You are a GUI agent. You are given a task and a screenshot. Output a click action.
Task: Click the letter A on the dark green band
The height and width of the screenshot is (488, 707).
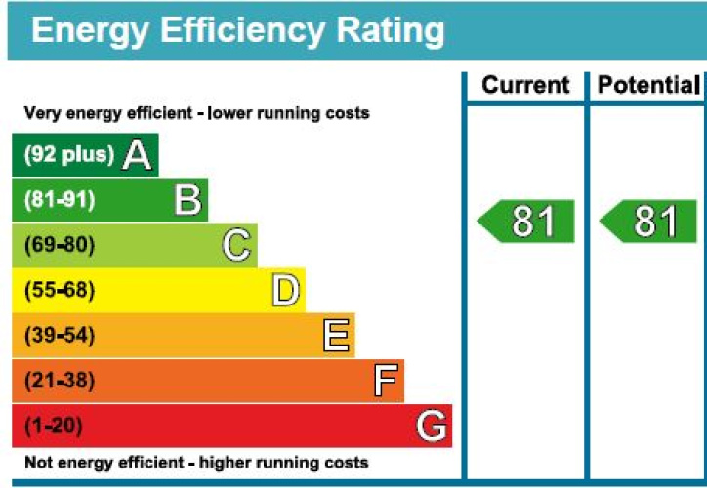coord(137,155)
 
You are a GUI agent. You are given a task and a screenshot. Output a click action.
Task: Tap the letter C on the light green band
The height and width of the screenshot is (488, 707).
coord(236,245)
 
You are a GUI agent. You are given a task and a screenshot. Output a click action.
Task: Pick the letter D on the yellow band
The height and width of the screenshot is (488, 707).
coord(285,291)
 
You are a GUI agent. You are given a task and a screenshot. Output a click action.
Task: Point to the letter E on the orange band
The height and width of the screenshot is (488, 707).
coord(335,336)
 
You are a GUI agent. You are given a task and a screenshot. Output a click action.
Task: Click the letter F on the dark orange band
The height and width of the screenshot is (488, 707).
coord(386,381)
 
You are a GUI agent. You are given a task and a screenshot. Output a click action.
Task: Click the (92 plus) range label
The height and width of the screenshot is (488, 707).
coord(68,155)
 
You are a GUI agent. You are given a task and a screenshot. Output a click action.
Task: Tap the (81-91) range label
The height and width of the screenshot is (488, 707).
coord(60,200)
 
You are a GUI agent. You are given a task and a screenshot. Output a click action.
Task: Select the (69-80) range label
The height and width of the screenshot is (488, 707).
coord(60,245)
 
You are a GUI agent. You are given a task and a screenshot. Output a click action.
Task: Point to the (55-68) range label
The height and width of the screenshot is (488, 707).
coord(60,291)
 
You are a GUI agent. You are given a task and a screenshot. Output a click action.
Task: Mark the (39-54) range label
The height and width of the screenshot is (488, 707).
coord(60,336)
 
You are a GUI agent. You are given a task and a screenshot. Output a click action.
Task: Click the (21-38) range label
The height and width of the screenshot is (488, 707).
coord(60,381)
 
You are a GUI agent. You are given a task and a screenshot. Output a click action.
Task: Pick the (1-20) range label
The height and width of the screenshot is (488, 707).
coord(54,427)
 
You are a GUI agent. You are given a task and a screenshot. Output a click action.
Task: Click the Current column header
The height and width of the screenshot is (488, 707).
coord(525,86)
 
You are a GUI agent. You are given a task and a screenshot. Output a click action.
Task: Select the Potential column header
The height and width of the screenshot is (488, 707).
coord(648,86)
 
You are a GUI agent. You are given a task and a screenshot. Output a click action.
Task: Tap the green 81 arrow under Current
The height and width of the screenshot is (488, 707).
coord(526,223)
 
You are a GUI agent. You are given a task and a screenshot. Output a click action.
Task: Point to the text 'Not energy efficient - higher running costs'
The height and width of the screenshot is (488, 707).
coord(196,462)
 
